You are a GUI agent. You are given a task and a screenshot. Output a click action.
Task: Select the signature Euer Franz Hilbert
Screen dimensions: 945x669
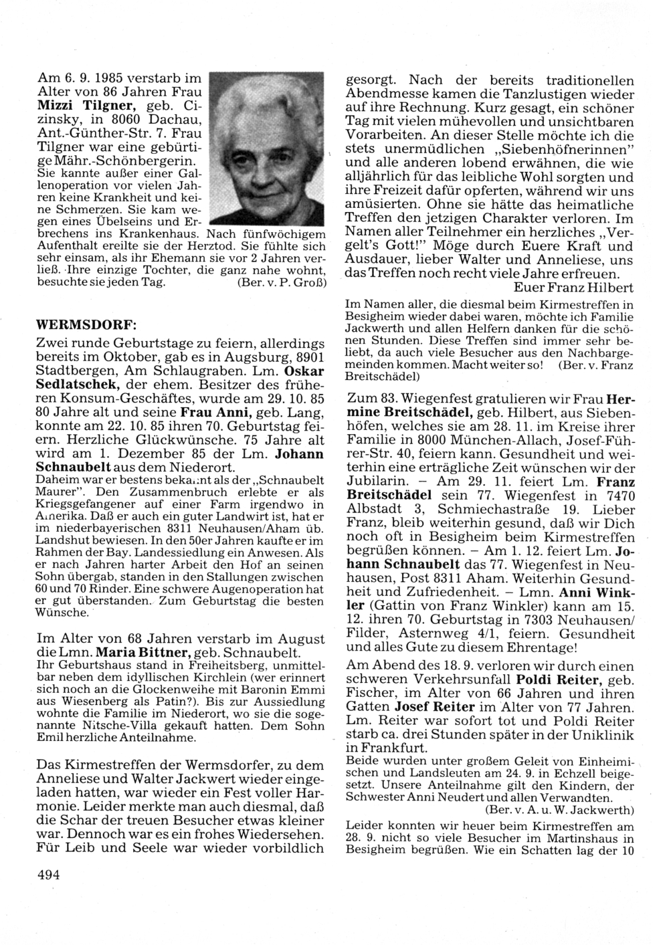point(574,288)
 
